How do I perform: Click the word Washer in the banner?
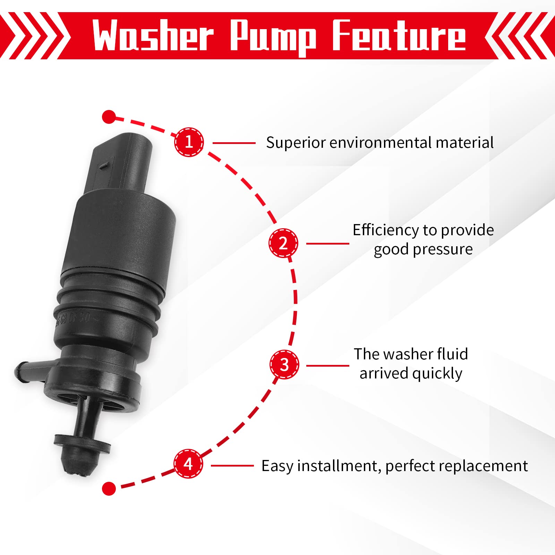coord(153,35)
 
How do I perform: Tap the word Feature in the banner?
coord(399,35)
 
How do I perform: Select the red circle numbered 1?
coord(189,142)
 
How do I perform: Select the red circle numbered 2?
coord(283,243)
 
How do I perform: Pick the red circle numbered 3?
coord(284,365)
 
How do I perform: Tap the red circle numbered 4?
coord(188,464)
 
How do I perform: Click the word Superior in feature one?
coord(296,143)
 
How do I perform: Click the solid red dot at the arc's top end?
coord(109,117)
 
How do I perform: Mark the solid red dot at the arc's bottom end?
coord(109,488)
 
